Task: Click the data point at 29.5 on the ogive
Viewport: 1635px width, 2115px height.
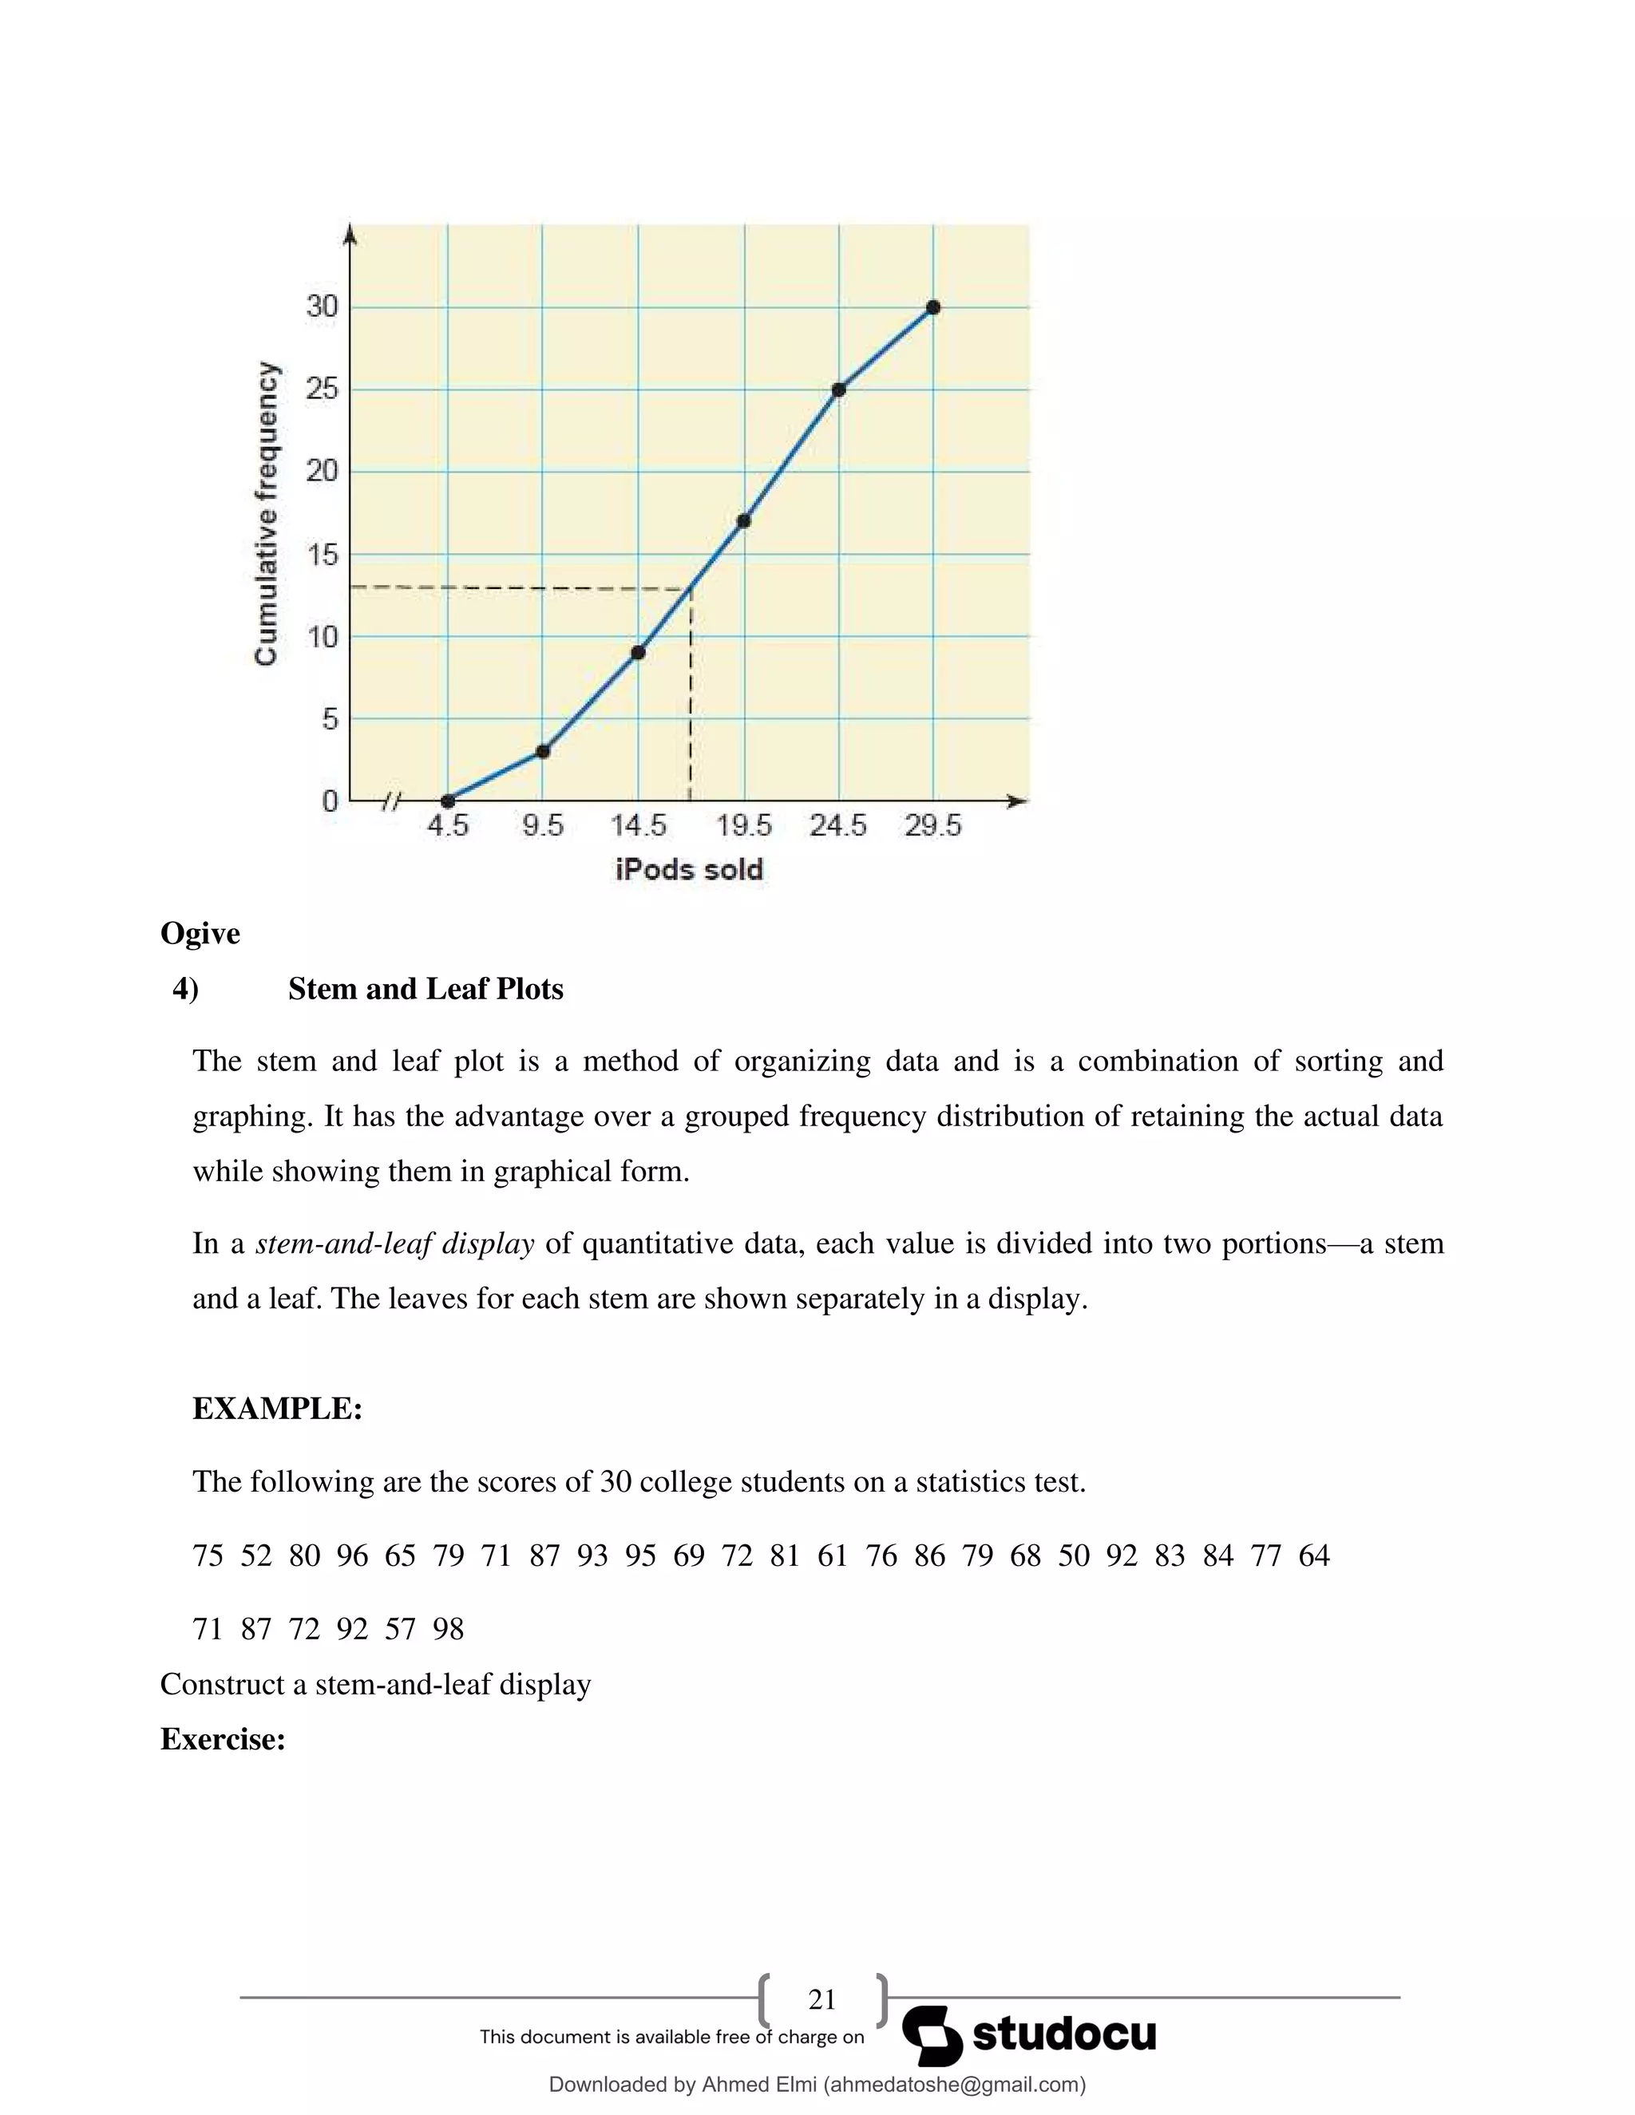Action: pos(932,307)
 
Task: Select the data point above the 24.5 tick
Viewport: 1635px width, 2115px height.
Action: pos(839,389)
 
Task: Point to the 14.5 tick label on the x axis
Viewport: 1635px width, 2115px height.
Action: pos(639,826)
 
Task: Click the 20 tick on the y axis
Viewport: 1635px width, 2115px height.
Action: pos(322,472)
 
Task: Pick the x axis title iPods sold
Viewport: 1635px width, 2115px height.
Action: pos(689,870)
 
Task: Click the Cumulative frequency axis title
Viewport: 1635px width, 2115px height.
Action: pos(267,513)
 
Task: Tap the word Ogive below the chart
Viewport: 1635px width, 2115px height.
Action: pos(200,934)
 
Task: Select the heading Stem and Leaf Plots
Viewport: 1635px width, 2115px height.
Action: pos(426,989)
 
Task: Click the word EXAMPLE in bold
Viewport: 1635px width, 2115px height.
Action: pos(277,1408)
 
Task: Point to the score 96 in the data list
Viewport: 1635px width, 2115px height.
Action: pos(353,1556)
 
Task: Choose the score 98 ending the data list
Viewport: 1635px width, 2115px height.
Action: pos(449,1629)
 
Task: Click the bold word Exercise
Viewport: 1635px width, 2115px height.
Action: pos(223,1739)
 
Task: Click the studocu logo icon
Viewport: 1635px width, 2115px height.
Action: pos(932,2036)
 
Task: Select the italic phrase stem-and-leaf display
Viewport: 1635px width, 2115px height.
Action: pos(394,1243)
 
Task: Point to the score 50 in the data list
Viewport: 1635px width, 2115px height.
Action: pos(1073,1556)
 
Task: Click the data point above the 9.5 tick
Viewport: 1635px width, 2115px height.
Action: pos(542,750)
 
